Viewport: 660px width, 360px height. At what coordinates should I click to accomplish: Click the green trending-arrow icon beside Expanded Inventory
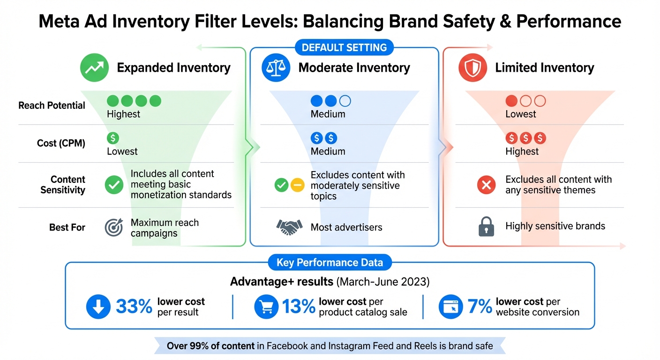click(94, 68)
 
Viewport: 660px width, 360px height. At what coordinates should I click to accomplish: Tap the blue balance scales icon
click(275, 68)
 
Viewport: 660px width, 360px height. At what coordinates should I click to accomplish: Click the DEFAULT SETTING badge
click(344, 48)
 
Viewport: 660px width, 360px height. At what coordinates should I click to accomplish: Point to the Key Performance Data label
click(330, 262)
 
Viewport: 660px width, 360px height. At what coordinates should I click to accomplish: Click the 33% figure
click(134, 307)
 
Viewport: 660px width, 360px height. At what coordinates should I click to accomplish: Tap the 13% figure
click(299, 307)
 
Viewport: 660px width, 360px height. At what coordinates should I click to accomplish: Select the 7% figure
click(479, 307)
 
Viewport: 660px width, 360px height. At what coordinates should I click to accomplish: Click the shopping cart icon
click(266, 307)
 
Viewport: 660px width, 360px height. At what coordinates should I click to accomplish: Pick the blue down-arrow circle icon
click(98, 307)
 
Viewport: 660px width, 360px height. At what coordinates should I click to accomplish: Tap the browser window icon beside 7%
click(450, 307)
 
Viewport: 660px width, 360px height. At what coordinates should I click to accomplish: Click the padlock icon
click(486, 227)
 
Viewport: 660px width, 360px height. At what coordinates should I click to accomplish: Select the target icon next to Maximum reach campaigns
click(114, 227)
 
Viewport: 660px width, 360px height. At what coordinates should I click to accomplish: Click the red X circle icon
click(486, 185)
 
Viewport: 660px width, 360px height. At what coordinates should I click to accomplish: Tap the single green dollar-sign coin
click(113, 138)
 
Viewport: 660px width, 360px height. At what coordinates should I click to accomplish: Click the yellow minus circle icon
click(297, 185)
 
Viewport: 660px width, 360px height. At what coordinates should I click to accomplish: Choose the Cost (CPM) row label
click(61, 143)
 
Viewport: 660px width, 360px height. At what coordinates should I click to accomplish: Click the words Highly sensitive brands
click(555, 226)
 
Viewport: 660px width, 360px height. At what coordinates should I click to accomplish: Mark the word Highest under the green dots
click(123, 114)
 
